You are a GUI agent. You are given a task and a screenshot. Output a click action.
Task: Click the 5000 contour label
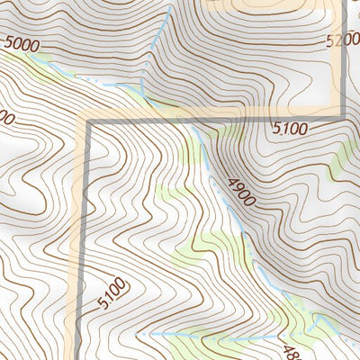tap(22, 42)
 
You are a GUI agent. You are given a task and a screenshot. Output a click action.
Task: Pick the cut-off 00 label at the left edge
tap(7, 117)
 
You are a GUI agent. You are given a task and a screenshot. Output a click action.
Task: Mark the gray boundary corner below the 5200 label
tap(343, 114)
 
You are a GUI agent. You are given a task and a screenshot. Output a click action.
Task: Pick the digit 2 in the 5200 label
tap(338, 40)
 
